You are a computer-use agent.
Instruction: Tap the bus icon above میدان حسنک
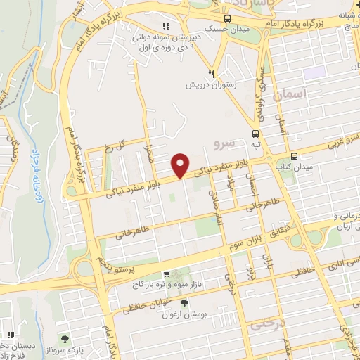coord(226,19)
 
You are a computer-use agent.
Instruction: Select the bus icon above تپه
coord(255,132)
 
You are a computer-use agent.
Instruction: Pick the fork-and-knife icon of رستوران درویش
coord(211,73)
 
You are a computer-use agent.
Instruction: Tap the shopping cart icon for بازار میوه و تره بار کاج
coord(165,275)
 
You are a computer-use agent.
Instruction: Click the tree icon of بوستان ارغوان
coord(185,303)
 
